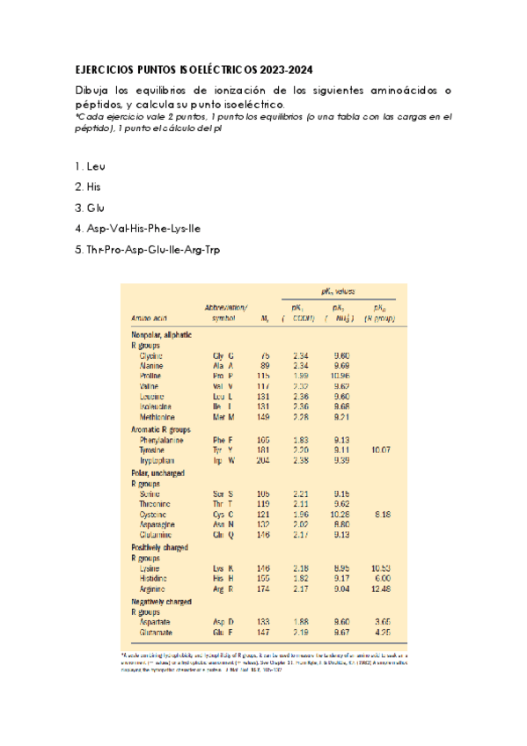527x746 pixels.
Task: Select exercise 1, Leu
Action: (90, 165)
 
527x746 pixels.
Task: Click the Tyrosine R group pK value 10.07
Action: (380, 450)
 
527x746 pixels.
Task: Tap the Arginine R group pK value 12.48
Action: (380, 589)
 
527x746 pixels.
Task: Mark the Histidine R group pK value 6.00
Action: (382, 578)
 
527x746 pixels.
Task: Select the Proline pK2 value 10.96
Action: (342, 376)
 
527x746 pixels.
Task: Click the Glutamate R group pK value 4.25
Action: (382, 632)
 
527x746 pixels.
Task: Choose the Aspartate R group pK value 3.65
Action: (382, 620)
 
